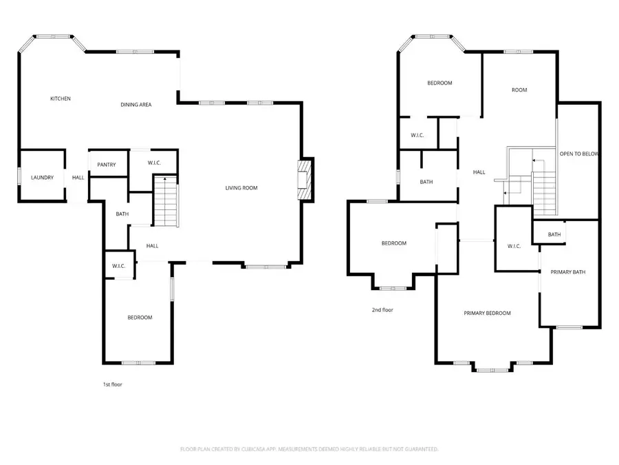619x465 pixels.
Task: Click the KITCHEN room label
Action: pyautogui.click(x=61, y=99)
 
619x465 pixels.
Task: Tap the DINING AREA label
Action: pyautogui.click(x=136, y=105)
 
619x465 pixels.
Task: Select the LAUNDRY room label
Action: pyautogui.click(x=42, y=178)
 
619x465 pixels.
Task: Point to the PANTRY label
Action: pyautogui.click(x=107, y=164)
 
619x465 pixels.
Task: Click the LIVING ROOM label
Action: pyautogui.click(x=241, y=187)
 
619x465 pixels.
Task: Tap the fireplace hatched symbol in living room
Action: pyautogui.click(x=304, y=179)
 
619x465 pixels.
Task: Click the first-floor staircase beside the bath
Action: pyautogui.click(x=165, y=201)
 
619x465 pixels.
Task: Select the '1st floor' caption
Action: pyautogui.click(x=112, y=384)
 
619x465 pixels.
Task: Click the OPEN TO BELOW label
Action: pyautogui.click(x=578, y=154)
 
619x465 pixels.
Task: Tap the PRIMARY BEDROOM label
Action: pyautogui.click(x=487, y=313)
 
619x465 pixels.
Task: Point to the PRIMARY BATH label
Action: pyautogui.click(x=568, y=272)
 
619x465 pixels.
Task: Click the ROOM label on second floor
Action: pyautogui.click(x=519, y=90)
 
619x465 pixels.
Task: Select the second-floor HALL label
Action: pyautogui.click(x=479, y=172)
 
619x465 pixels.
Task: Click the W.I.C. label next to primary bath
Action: pyautogui.click(x=515, y=246)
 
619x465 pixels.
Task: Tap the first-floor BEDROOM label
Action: pyautogui.click(x=140, y=318)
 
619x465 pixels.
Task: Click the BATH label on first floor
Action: pyautogui.click(x=122, y=214)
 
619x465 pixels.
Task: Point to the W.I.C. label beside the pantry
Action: pyautogui.click(x=154, y=163)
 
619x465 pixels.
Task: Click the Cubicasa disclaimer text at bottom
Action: pyautogui.click(x=309, y=449)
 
